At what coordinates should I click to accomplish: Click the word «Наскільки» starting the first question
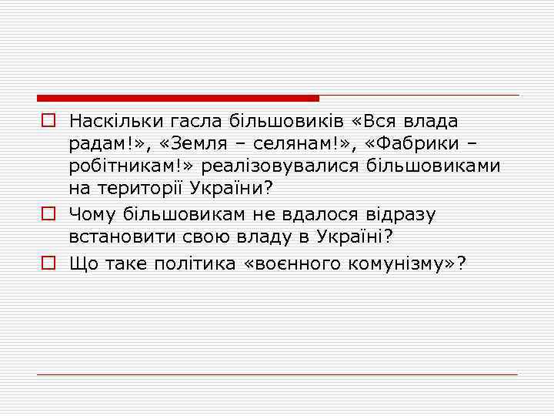(x=108, y=121)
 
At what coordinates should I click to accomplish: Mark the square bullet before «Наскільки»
(x=48, y=121)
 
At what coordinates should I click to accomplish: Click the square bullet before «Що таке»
(x=48, y=263)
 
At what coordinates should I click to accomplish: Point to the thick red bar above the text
(x=178, y=99)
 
